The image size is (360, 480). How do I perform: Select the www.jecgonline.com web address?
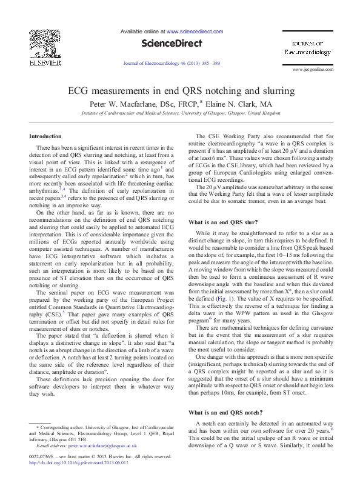coord(313,71)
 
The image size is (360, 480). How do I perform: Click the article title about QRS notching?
coord(180,91)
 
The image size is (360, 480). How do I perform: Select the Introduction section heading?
coord(45,136)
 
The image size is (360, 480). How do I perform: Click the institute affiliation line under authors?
coord(180,113)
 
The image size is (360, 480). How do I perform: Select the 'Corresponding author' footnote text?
coord(61,427)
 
